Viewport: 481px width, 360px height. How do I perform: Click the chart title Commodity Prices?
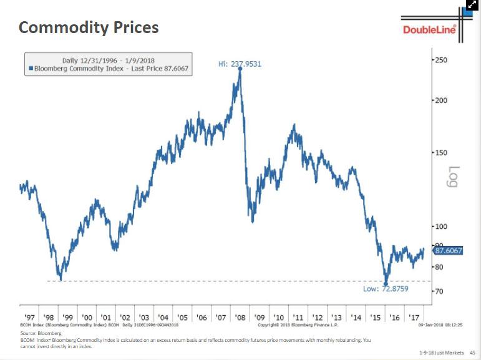pyautogui.click(x=89, y=28)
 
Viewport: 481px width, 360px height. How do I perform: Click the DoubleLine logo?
pyautogui.click(x=430, y=29)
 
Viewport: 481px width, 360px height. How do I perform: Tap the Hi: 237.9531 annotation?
pyautogui.click(x=240, y=64)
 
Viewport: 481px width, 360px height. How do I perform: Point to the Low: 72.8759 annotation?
pyautogui.click(x=386, y=289)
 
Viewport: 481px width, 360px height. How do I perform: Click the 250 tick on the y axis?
pyautogui.click(x=442, y=59)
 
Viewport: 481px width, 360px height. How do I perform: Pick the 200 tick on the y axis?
pyautogui.click(x=442, y=100)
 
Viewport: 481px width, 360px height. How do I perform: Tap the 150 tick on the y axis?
pyautogui.click(x=442, y=152)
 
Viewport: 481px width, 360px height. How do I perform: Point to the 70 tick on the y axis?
pyautogui.click(x=439, y=291)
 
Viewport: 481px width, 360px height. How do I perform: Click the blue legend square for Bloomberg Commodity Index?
pyautogui.click(x=31, y=69)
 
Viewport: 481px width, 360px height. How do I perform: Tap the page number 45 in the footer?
pyautogui.click(x=472, y=353)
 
